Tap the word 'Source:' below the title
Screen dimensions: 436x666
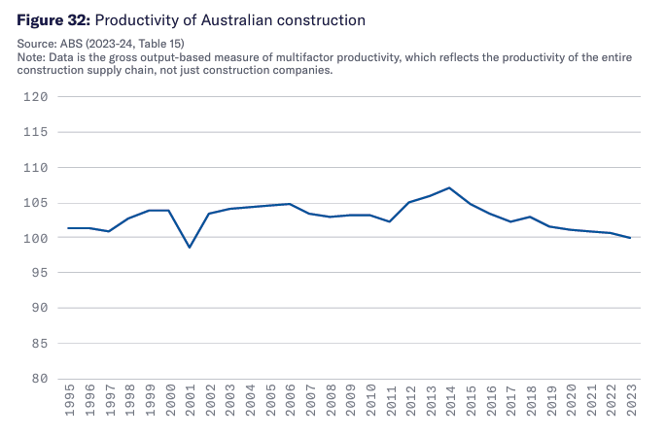37,44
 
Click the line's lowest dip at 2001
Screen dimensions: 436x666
190,248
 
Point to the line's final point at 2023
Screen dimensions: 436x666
630,238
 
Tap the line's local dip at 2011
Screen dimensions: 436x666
389,221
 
